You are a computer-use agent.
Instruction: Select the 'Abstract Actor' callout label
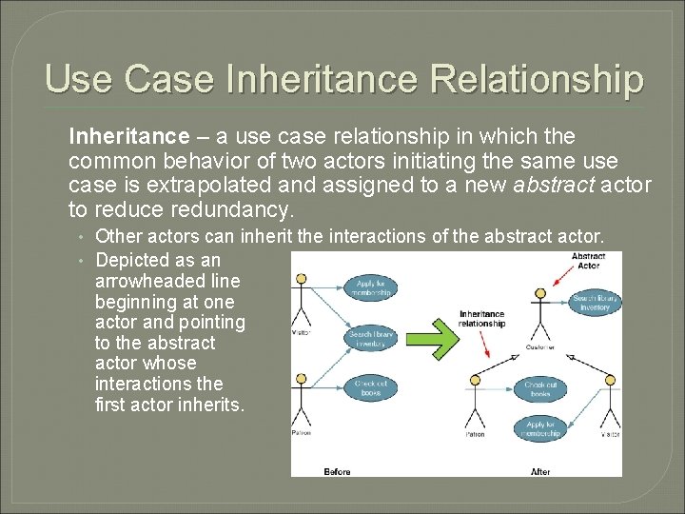click(x=589, y=260)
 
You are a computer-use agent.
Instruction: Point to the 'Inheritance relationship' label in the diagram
click(x=481, y=319)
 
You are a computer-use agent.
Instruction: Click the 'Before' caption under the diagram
click(x=338, y=471)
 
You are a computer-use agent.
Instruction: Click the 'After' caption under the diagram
click(x=540, y=471)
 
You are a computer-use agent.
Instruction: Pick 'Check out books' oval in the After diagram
click(x=539, y=387)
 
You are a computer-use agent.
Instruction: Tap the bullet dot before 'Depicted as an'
click(x=84, y=261)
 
